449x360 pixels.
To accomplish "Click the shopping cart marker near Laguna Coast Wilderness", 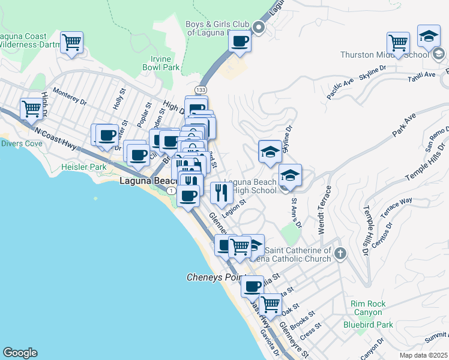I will (x=72, y=43).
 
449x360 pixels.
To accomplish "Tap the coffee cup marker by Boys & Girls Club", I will (x=240, y=42).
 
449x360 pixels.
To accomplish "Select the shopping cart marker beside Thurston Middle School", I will (x=398, y=43).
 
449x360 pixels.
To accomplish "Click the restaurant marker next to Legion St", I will (x=221, y=193).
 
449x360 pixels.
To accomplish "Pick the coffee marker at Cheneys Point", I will (x=253, y=286).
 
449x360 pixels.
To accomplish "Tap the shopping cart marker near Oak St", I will (x=271, y=305).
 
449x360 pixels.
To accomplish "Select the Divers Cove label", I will (x=21, y=143).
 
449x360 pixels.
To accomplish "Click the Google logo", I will (x=20, y=353).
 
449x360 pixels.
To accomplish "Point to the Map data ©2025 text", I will (x=423, y=355).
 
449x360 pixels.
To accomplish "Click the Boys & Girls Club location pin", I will (x=259, y=27).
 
